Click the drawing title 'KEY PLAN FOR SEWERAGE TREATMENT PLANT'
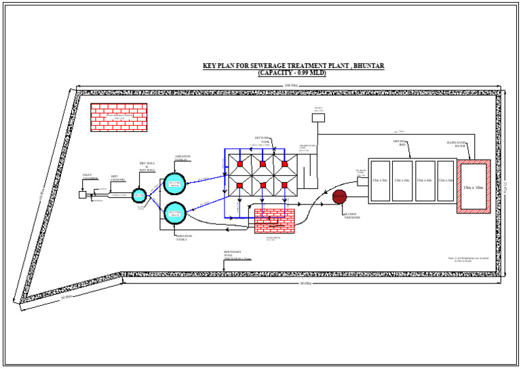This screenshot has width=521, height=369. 293,66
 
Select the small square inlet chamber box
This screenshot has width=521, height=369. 82,194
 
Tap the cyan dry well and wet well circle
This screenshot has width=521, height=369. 139,195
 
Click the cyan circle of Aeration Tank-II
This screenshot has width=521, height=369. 174,183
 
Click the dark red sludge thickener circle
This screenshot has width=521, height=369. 339,196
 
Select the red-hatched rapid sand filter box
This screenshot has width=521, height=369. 474,186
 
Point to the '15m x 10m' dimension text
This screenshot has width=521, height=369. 474,187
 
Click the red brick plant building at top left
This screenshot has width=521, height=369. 119,117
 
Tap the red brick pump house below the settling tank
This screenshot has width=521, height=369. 274,221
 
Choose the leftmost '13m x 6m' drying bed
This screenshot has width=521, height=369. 380,181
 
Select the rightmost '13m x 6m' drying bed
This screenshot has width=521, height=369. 446,181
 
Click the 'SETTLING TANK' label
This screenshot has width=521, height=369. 262,139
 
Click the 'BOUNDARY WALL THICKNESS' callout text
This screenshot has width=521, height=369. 237,255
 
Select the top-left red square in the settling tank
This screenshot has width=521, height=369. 239,164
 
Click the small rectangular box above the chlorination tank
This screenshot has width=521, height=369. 318,118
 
